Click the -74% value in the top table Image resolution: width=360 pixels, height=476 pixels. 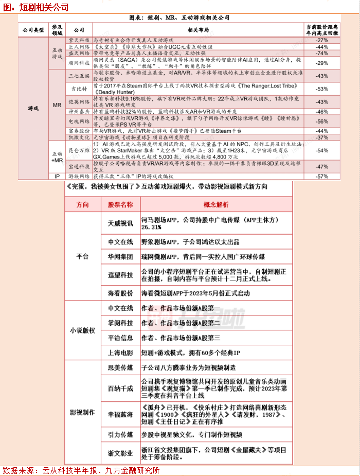(322, 53)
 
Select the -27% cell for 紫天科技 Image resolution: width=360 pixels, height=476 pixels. (322, 40)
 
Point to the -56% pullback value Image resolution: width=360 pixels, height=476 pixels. (322, 121)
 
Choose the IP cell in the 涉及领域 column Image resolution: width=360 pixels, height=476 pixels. (58, 177)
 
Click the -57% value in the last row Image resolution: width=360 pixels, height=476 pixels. (322, 177)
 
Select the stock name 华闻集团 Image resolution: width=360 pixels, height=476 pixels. (120, 256)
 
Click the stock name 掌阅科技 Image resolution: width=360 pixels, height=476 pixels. (120, 323)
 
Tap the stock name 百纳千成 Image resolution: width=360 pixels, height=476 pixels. (120, 388)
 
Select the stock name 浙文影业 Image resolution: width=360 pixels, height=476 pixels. (120, 453)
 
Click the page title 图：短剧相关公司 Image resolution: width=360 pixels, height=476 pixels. (35, 7)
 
